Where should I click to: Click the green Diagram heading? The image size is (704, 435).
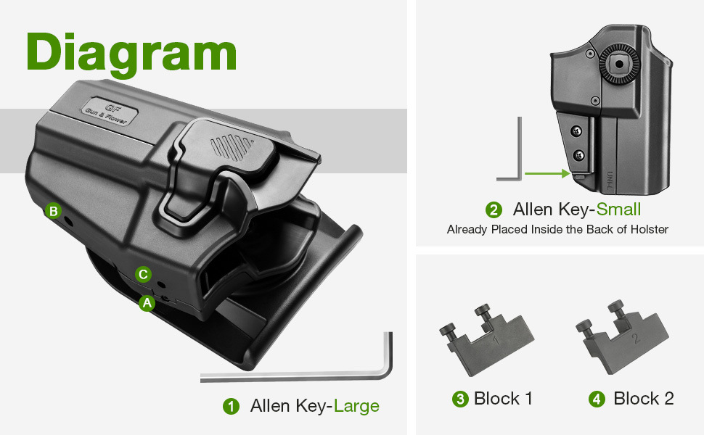click(x=131, y=54)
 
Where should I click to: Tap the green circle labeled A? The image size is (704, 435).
click(x=147, y=304)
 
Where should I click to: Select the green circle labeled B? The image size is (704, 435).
click(x=54, y=211)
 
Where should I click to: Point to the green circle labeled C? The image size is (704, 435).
click(x=143, y=274)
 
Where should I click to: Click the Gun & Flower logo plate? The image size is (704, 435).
click(x=109, y=111)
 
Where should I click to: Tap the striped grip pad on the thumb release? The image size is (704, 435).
click(x=232, y=147)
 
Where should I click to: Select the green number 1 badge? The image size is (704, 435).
click(x=232, y=406)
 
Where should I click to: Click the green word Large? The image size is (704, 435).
click(x=356, y=406)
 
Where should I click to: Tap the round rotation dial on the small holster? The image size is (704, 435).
click(x=619, y=65)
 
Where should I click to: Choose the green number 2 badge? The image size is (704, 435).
click(x=494, y=210)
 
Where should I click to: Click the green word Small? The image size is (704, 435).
click(x=618, y=210)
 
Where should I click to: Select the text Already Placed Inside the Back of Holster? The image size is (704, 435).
click(x=557, y=230)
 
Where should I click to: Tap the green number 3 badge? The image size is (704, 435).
click(x=460, y=399)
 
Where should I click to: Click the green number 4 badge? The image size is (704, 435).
click(x=597, y=399)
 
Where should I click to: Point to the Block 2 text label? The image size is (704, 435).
click(x=643, y=398)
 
